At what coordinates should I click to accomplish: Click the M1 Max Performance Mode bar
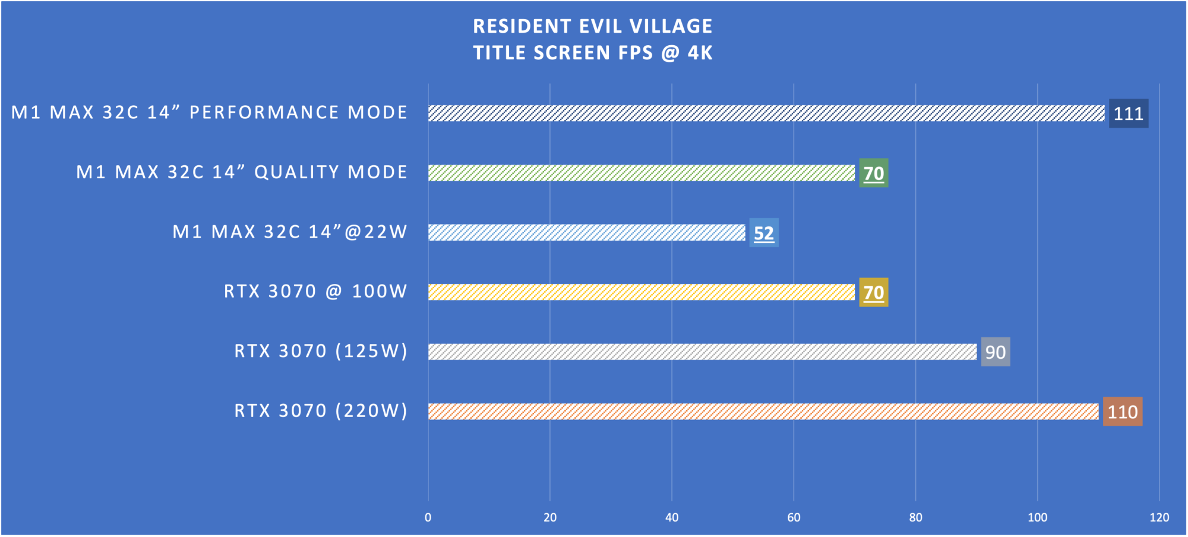pyautogui.click(x=766, y=113)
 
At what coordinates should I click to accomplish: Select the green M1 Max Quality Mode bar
pyautogui.click(x=642, y=173)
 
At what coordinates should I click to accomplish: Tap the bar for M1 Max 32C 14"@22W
pyautogui.click(x=587, y=233)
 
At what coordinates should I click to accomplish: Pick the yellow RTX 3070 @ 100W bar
pyautogui.click(x=642, y=292)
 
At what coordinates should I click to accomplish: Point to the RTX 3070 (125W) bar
pyautogui.click(x=702, y=352)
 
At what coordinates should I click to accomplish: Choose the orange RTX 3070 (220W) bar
pyautogui.click(x=763, y=412)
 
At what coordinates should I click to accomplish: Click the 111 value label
pyautogui.click(x=1128, y=113)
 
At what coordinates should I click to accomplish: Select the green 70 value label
pyautogui.click(x=873, y=173)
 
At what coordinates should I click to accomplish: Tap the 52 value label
pyautogui.click(x=763, y=233)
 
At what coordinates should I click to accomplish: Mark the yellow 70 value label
pyautogui.click(x=873, y=292)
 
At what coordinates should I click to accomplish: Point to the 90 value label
pyautogui.click(x=995, y=352)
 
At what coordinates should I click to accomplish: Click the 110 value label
pyautogui.click(x=1122, y=412)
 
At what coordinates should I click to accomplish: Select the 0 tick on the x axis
pyautogui.click(x=428, y=517)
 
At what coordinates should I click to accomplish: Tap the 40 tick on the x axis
pyautogui.click(x=672, y=517)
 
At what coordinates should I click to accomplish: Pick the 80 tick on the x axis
pyautogui.click(x=915, y=517)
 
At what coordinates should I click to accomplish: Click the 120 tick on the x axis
pyautogui.click(x=1159, y=517)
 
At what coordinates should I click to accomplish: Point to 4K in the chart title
pyautogui.click(x=700, y=53)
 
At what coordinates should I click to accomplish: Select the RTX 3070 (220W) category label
pyautogui.click(x=321, y=411)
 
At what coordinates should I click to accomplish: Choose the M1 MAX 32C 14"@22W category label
pyautogui.click(x=290, y=232)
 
